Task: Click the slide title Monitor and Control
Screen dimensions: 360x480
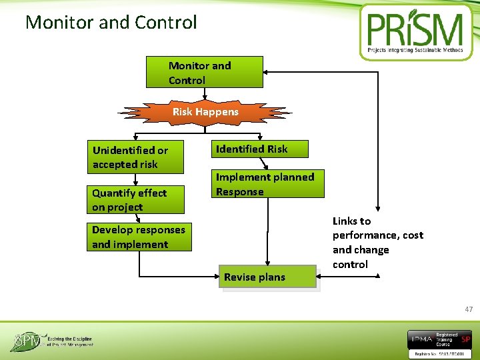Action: click(x=111, y=23)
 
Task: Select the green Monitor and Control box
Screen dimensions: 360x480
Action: click(x=204, y=73)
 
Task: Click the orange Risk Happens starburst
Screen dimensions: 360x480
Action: click(x=205, y=113)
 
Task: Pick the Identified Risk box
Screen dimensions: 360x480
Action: click(x=261, y=149)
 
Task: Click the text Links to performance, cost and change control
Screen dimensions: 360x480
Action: click(x=377, y=243)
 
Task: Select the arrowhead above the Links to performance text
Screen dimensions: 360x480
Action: click(x=378, y=207)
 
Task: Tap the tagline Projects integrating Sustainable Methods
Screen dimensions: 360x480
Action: click(x=415, y=50)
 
